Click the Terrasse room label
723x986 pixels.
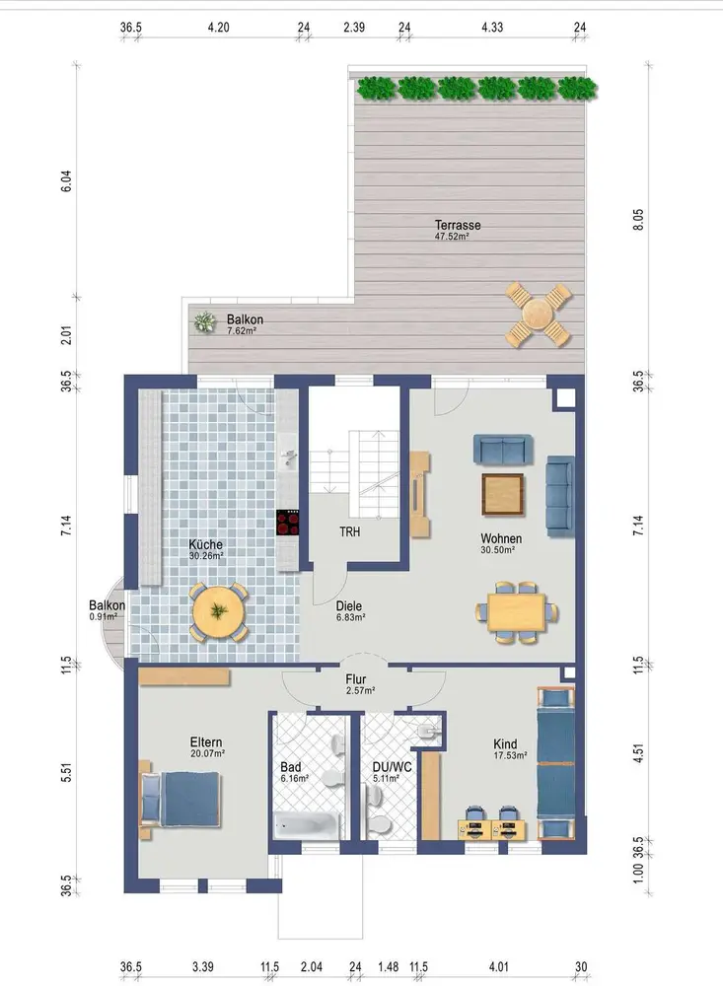(458, 225)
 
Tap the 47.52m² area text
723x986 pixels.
(452, 237)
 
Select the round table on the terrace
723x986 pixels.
(538, 314)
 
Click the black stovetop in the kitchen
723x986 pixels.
(288, 523)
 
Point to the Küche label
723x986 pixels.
(205, 544)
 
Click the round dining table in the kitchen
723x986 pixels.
(218, 612)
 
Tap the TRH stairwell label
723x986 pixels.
(350, 532)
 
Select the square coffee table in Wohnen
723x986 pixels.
(503, 494)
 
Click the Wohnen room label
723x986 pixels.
(501, 538)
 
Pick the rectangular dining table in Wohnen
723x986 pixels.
(515, 612)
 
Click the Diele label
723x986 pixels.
(348, 605)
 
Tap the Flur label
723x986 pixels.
(355, 679)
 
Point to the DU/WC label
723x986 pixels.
(392, 767)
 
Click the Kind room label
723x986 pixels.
(505, 743)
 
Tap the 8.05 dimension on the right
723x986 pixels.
(638, 220)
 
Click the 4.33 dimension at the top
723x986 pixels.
(492, 27)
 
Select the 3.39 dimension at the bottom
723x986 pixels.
(202, 966)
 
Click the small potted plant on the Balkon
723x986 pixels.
(204, 322)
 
